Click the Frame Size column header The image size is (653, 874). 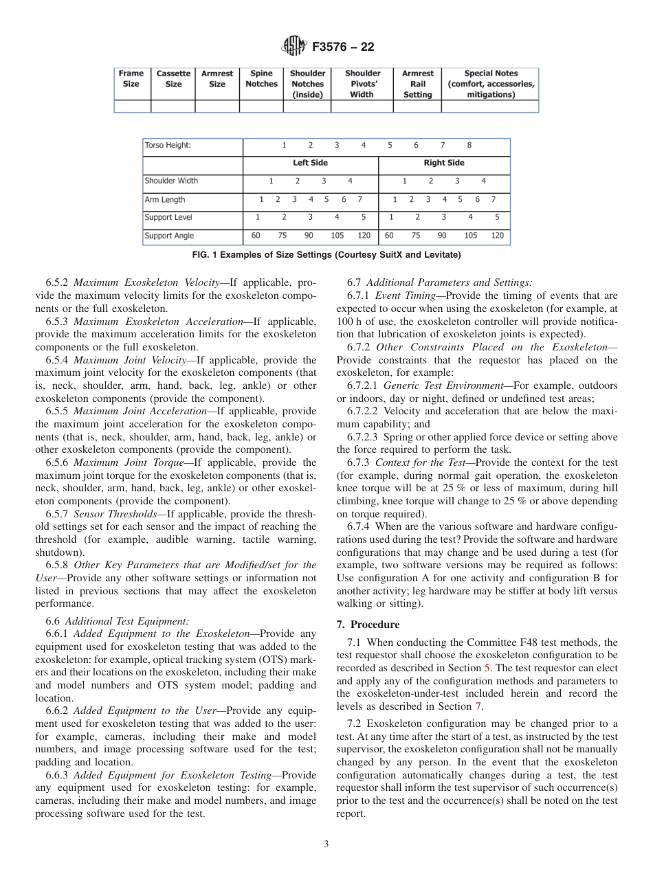(131, 78)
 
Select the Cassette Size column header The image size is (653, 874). (173, 78)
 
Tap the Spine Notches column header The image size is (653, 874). (261, 78)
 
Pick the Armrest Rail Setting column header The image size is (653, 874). (417, 84)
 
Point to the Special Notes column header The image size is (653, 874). (490, 84)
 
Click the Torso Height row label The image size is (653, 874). (168, 146)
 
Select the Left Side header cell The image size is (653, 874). (310, 163)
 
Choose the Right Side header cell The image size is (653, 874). (444, 163)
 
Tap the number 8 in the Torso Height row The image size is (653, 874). (469, 146)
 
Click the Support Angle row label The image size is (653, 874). (169, 236)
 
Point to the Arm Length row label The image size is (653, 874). (165, 199)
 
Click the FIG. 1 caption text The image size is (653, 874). (326, 255)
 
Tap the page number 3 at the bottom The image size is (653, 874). (326, 844)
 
